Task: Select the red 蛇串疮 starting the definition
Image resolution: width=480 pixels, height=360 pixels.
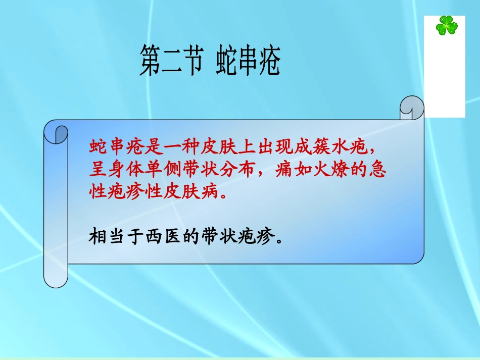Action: (x=112, y=148)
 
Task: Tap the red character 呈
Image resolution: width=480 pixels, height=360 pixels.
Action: (x=96, y=171)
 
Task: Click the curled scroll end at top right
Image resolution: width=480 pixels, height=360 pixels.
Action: (x=411, y=108)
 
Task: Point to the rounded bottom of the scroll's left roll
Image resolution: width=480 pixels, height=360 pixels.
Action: (x=56, y=280)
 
